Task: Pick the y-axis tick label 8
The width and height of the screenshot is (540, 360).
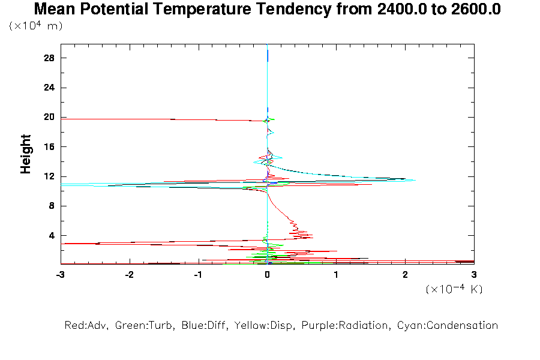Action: pyautogui.click(x=52, y=206)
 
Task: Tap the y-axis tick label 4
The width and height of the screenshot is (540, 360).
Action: pyautogui.click(x=52, y=235)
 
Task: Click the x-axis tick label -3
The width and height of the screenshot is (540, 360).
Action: pyautogui.click(x=60, y=274)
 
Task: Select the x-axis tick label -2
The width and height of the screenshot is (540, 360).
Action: pyautogui.click(x=129, y=274)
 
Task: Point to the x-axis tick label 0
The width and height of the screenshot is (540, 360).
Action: pyautogui.click(x=267, y=274)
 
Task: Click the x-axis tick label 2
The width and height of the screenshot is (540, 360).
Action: pyautogui.click(x=405, y=274)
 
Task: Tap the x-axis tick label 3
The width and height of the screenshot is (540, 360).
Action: pyautogui.click(x=474, y=274)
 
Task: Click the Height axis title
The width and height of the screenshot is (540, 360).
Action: pyautogui.click(x=26, y=154)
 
